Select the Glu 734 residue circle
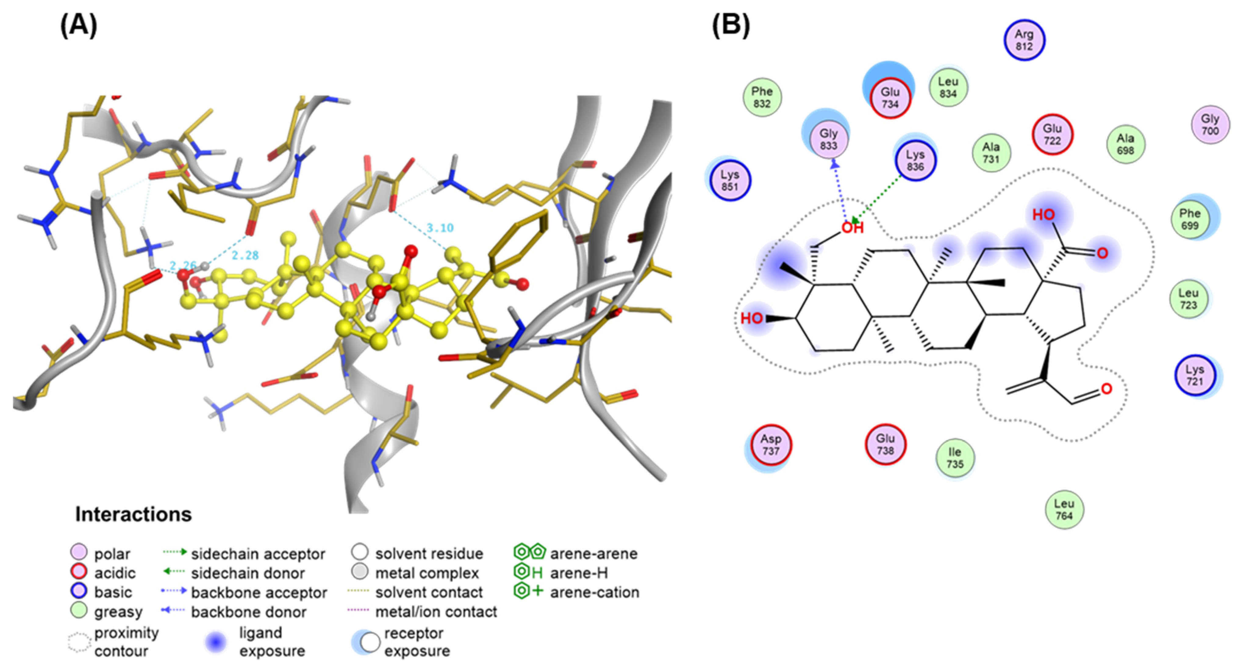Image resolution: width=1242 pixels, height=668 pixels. point(890,98)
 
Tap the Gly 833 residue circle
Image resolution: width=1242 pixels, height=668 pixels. point(828,140)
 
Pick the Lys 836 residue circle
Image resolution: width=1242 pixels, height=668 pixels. point(915,161)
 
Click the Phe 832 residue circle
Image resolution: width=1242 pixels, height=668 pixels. point(762,97)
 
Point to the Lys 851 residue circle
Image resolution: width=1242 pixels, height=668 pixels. point(730,181)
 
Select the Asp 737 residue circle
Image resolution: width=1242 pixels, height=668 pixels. point(771,445)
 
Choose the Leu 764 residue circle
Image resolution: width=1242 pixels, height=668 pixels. point(1064,510)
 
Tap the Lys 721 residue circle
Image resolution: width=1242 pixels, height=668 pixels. point(1195,376)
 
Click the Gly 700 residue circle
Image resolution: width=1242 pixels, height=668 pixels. point(1210,125)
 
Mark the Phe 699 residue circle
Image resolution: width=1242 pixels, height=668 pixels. point(1190,219)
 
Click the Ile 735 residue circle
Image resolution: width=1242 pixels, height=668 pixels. point(955,458)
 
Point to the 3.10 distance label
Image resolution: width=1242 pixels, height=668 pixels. point(440,228)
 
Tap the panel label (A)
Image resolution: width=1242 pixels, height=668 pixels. point(79,25)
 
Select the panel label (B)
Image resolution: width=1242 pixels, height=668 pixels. point(731,25)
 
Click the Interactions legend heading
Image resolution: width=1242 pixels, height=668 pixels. point(133,514)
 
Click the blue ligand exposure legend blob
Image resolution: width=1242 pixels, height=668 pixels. point(216,641)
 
